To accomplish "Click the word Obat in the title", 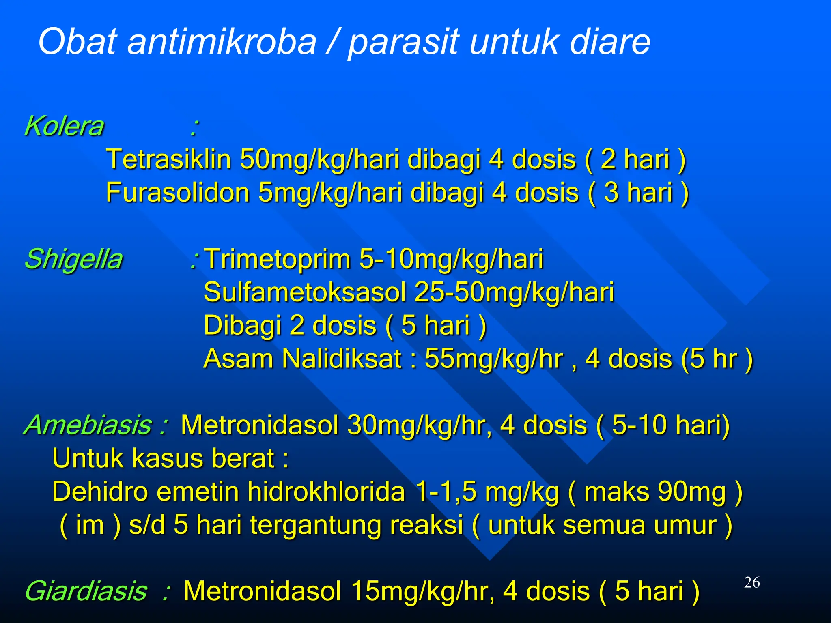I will point(78,41).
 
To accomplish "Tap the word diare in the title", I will point(609,41).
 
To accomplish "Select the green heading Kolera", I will point(64,126).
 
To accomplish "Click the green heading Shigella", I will point(73,259).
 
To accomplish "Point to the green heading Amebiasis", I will point(88,425).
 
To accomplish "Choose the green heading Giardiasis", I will point(86,591).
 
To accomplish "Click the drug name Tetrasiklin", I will point(168,159).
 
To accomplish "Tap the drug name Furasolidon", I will point(177,192).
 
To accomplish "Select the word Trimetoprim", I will point(278,259).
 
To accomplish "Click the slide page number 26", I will point(752,582).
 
